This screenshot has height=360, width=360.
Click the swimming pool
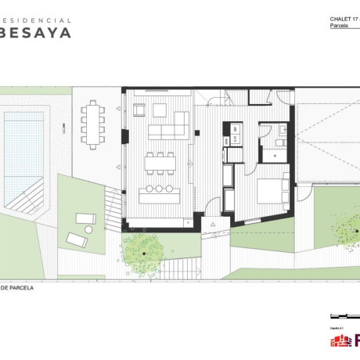click(x=24, y=156)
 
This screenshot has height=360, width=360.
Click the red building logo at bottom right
click(x=341, y=340)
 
